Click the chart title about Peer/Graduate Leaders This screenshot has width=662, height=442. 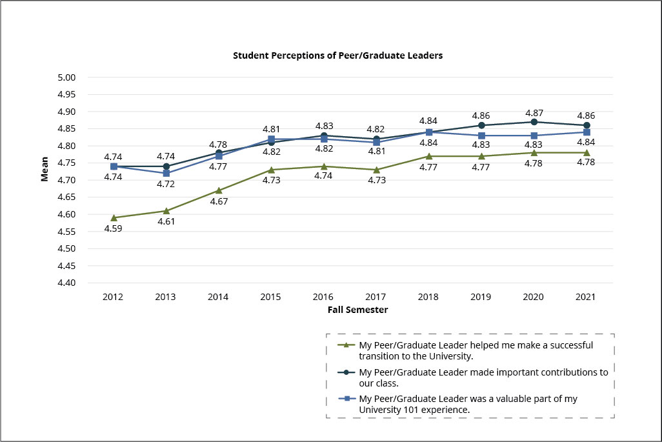pos(337,55)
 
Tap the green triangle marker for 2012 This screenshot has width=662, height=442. pos(114,217)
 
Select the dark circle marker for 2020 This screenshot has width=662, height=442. pos(534,122)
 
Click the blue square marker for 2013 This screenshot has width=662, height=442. pos(166,173)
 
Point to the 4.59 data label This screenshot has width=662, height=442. pos(114,228)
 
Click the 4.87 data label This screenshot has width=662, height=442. pos(534,112)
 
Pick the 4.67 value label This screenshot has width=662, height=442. pos(219,201)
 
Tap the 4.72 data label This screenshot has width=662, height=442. pos(166,184)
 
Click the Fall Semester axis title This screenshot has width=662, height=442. pos(357,310)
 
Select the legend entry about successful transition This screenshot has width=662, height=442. pos(476,350)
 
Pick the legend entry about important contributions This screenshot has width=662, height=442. pos(483,377)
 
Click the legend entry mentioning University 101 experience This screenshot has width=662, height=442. pos(468,404)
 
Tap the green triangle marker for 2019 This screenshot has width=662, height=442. pos(481,156)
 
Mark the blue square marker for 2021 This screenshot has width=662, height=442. pos(587,132)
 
